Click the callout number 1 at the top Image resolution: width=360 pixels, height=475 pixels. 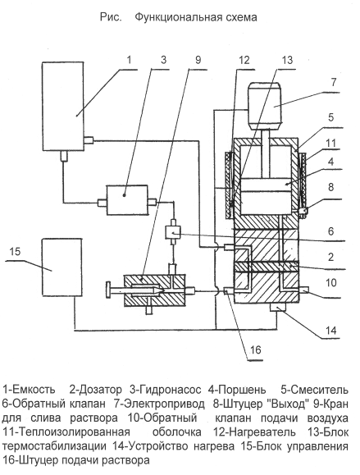coord(130,60)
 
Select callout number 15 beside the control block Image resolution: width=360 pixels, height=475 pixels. coord(15,251)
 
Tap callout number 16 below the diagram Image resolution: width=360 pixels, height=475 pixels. coord(256,349)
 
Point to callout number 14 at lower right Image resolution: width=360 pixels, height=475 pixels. coord(330,330)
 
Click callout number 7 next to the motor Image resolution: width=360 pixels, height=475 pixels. coord(334,82)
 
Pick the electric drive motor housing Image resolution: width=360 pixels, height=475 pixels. coord(265,106)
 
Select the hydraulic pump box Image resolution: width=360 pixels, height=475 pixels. coord(127,200)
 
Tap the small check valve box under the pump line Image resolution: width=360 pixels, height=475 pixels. coord(173,233)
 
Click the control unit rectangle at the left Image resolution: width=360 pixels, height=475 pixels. coord(62,267)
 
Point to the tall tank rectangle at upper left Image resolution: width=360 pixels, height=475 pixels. coord(62,107)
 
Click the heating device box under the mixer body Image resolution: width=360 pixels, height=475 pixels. coord(277,307)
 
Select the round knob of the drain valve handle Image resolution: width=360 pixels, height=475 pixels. coord(108,290)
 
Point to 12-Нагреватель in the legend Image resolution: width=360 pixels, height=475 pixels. coord(254,432)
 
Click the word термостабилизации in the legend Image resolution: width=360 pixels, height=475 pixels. coord(54,446)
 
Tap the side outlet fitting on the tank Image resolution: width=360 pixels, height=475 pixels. coord(89,140)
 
